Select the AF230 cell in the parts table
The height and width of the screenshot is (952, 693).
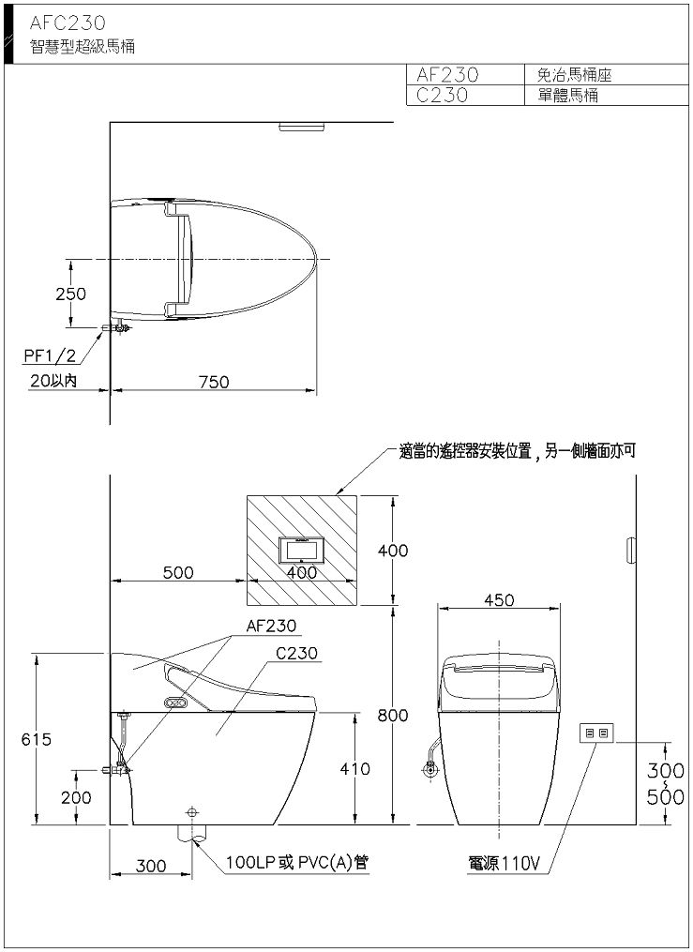tap(448, 75)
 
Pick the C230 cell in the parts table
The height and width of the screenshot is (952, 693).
tap(443, 96)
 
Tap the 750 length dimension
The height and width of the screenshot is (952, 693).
tap(214, 382)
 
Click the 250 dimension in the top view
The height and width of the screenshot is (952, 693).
tap(71, 294)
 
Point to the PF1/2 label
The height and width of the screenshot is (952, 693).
tap(51, 355)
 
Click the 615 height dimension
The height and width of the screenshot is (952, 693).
tap(37, 739)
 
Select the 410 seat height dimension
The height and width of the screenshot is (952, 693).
tap(354, 769)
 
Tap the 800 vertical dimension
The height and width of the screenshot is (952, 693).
tap(393, 716)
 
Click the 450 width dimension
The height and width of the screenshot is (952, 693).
tap(499, 600)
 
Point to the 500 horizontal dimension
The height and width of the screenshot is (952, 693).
tap(178, 572)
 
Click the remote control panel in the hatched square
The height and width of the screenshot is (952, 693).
tap(302, 551)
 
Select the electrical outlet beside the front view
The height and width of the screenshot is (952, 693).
tap(596, 733)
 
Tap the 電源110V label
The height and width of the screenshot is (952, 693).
tap(504, 863)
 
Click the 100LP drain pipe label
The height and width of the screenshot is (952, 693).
tap(296, 862)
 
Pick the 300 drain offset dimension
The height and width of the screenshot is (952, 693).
tap(150, 866)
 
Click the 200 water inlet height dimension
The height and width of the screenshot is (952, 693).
tap(77, 797)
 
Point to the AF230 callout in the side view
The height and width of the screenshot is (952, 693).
tap(271, 626)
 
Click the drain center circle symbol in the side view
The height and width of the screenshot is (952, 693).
tap(192, 811)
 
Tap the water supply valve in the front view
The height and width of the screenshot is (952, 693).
tap(430, 770)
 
